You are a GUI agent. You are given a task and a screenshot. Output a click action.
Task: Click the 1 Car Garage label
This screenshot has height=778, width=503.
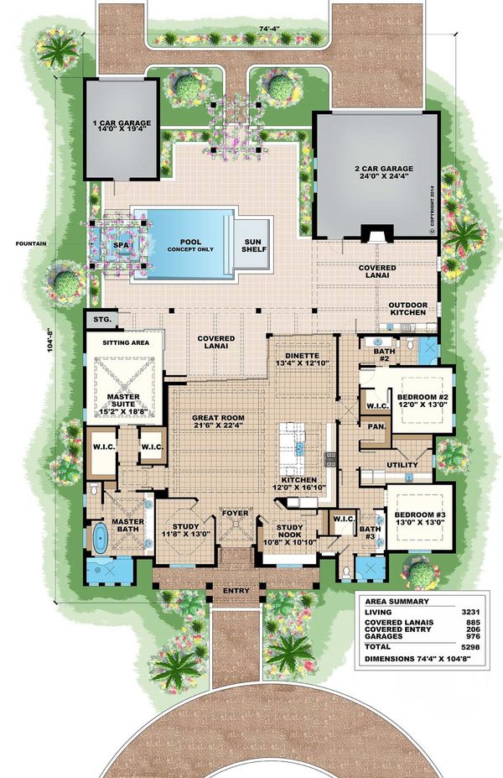pos(122,123)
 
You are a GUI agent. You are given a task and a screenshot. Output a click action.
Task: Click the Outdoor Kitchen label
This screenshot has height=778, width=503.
pos(408,309)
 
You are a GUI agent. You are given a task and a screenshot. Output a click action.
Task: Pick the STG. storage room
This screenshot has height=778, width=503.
pos(102,319)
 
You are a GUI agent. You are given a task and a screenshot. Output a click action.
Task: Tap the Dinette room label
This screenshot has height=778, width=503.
pos(303,355)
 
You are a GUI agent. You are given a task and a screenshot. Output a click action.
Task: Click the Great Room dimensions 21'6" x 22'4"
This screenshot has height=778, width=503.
pos(218,426)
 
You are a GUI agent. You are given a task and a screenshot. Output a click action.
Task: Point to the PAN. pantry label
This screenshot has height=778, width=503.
pos(376,426)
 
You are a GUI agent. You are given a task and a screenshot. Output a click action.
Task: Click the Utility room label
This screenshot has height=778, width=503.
pos(402,465)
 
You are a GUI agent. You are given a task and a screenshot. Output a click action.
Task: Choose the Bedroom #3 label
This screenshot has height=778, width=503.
pos(420,514)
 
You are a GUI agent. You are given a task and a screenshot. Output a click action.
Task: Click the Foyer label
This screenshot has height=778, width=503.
pos(235,513)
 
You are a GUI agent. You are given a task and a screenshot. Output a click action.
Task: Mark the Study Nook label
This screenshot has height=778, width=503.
pos(289,531)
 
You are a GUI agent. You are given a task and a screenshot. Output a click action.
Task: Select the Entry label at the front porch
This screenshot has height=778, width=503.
pos(236,591)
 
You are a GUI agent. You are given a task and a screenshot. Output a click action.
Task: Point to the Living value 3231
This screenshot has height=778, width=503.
pos(469,613)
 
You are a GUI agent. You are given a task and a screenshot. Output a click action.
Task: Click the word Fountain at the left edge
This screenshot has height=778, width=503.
pos(31,243)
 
